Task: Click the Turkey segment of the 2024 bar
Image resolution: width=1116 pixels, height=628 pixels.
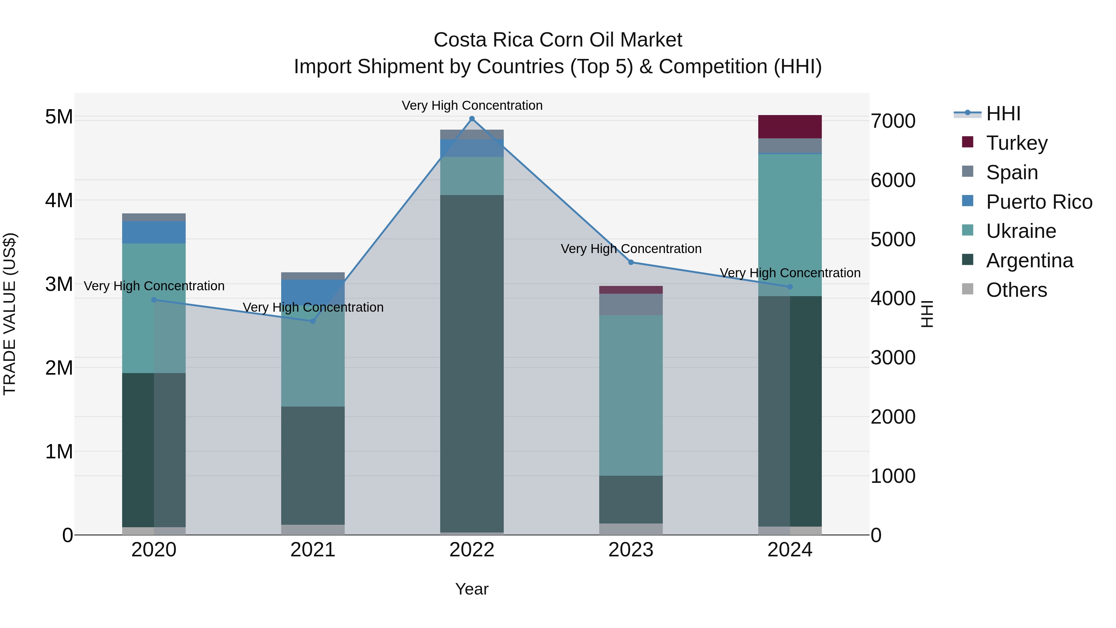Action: [x=790, y=127]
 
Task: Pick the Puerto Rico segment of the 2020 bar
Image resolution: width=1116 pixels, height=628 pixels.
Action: [x=154, y=232]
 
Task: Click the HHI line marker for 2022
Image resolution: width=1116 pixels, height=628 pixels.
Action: [x=472, y=119]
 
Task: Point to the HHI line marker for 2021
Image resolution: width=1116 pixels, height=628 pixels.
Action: [x=313, y=321]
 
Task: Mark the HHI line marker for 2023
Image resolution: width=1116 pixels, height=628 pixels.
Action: [x=631, y=262]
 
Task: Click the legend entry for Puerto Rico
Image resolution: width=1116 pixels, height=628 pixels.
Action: [x=1039, y=202]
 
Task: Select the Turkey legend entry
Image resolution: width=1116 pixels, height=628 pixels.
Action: [x=1016, y=143]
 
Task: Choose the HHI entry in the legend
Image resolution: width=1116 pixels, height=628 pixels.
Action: [x=1003, y=114]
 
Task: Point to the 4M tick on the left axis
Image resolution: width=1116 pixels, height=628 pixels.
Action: [x=59, y=201]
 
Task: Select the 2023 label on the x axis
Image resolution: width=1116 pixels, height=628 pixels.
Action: [x=631, y=550]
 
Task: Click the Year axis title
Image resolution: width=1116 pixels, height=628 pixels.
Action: [x=472, y=589]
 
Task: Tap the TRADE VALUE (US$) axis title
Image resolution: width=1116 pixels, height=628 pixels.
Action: [x=10, y=314]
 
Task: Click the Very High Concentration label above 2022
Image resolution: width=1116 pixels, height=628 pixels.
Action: [x=472, y=105]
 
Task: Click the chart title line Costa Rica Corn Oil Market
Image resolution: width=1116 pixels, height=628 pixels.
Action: [x=558, y=40]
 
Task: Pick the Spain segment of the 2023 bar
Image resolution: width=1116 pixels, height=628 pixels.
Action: [x=631, y=304]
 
